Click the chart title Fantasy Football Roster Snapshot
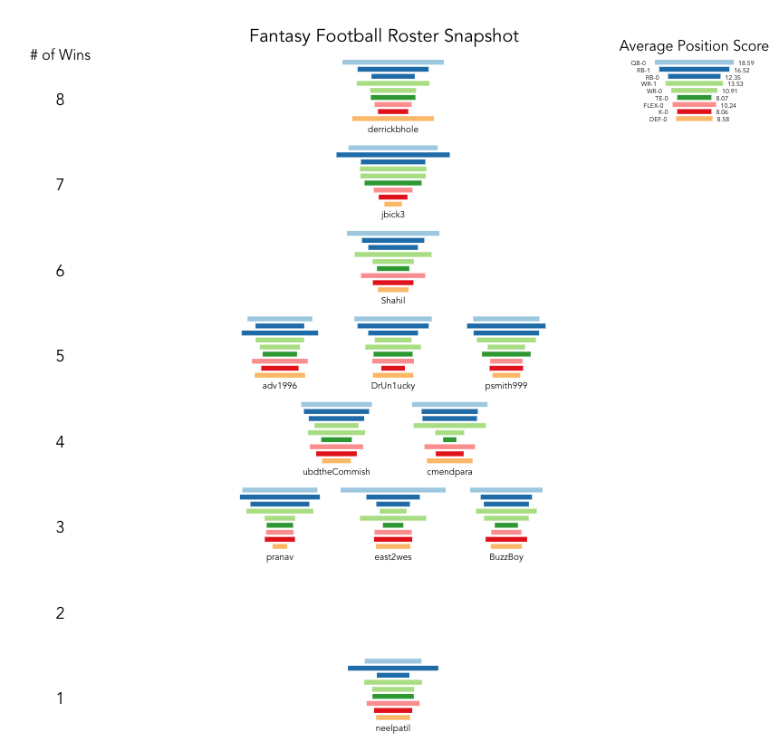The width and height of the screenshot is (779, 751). click(x=384, y=36)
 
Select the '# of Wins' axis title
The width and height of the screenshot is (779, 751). click(x=60, y=55)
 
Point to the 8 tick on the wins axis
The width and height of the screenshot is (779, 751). click(x=60, y=100)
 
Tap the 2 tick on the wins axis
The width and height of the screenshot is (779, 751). click(x=60, y=613)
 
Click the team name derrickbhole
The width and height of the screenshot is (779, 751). click(x=393, y=130)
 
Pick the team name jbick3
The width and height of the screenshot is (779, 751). click(x=393, y=215)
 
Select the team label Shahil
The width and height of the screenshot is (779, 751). click(x=393, y=301)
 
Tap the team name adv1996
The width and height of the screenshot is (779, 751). click(x=280, y=386)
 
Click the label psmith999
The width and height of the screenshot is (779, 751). click(x=506, y=386)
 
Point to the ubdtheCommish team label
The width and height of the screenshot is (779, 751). click(x=336, y=472)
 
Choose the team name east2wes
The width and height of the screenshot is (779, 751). click(x=393, y=557)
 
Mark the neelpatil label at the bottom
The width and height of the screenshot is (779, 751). click(x=393, y=728)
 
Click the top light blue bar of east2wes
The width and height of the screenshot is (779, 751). click(x=393, y=490)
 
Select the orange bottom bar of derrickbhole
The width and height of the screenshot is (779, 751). click(x=393, y=119)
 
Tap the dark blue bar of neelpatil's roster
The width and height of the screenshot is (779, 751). click(x=393, y=669)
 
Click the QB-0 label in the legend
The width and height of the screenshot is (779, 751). click(x=640, y=63)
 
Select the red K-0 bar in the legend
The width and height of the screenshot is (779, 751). click(x=695, y=111)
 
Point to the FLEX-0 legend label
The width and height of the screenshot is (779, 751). click(x=653, y=105)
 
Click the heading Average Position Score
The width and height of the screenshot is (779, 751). click(x=694, y=46)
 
